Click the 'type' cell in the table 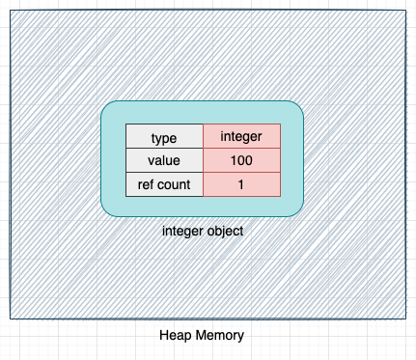point(164,137)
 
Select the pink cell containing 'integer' point(241,137)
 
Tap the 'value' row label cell point(164,160)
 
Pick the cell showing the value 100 point(241,160)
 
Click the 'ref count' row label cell point(164,183)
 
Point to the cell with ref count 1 point(241,183)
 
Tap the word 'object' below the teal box point(224,232)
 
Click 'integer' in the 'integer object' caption point(181,232)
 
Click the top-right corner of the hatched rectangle point(405,11)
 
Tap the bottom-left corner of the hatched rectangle point(10,318)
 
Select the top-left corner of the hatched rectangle point(10,11)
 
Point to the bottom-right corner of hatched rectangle point(405,318)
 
